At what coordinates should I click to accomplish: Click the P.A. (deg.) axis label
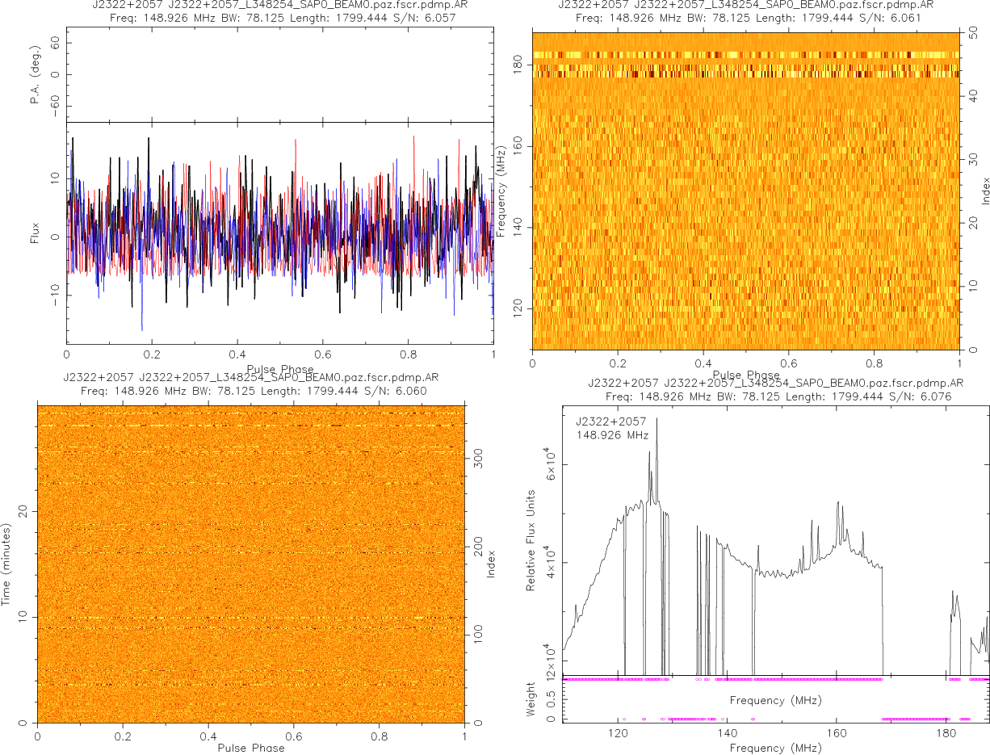point(35,74)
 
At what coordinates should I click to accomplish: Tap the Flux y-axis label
point(35,237)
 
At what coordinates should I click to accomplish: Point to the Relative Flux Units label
point(531,539)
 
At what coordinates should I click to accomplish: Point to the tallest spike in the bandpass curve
point(657,418)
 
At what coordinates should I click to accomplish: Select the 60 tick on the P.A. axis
point(56,46)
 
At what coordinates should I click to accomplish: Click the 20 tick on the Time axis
point(24,510)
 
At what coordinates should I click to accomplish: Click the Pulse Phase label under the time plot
point(250,748)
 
